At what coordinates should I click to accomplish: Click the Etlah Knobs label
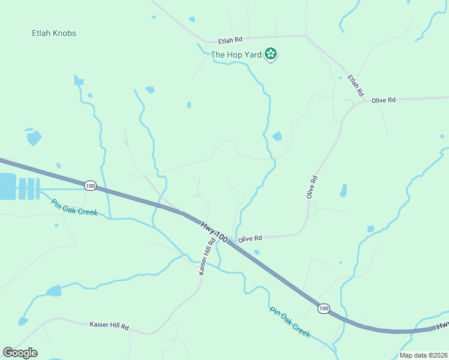point(54,34)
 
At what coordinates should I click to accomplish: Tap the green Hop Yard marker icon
point(271,55)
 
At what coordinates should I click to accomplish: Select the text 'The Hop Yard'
point(236,55)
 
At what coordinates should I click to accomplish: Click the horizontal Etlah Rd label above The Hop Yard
point(230,40)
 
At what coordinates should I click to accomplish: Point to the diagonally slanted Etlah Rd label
point(355,86)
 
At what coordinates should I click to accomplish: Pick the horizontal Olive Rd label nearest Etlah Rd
point(384,100)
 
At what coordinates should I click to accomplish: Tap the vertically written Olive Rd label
point(311,187)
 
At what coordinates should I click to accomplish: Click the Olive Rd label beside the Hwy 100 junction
point(250,238)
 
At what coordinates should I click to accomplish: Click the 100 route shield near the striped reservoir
point(90,186)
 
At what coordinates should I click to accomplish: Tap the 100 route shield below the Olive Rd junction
point(324,308)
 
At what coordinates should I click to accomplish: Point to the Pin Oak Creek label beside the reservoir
point(74,208)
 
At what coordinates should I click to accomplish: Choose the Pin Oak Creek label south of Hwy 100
point(290,323)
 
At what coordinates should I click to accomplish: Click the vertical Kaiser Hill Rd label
point(206,258)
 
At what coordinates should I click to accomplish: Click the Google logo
point(20,352)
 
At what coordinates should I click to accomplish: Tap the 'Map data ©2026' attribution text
point(423,355)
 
